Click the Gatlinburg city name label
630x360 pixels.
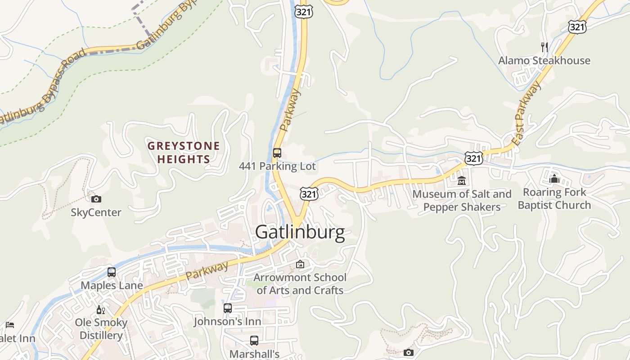tap(300, 232)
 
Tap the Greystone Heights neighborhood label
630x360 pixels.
tap(184, 153)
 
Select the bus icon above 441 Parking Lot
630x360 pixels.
tap(277, 153)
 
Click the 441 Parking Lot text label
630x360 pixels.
tap(277, 166)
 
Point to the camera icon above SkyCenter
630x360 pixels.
tap(96, 199)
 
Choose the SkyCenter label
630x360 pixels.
tap(96, 212)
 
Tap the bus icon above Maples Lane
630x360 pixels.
tap(112, 272)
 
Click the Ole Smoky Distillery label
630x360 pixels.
tap(101, 329)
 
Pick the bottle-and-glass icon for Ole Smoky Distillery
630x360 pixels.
tap(101, 310)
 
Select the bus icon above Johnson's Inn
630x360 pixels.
tap(228, 308)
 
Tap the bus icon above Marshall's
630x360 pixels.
tap(254, 341)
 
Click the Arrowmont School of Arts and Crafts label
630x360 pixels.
tap(300, 283)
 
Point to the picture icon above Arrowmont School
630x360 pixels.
tap(300, 264)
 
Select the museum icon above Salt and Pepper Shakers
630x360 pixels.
tap(461, 180)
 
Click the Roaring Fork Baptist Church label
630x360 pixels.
tap(554, 198)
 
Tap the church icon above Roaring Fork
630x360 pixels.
tap(554, 179)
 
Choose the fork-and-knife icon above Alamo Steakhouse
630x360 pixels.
tap(544, 47)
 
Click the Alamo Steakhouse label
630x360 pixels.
tap(544, 60)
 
